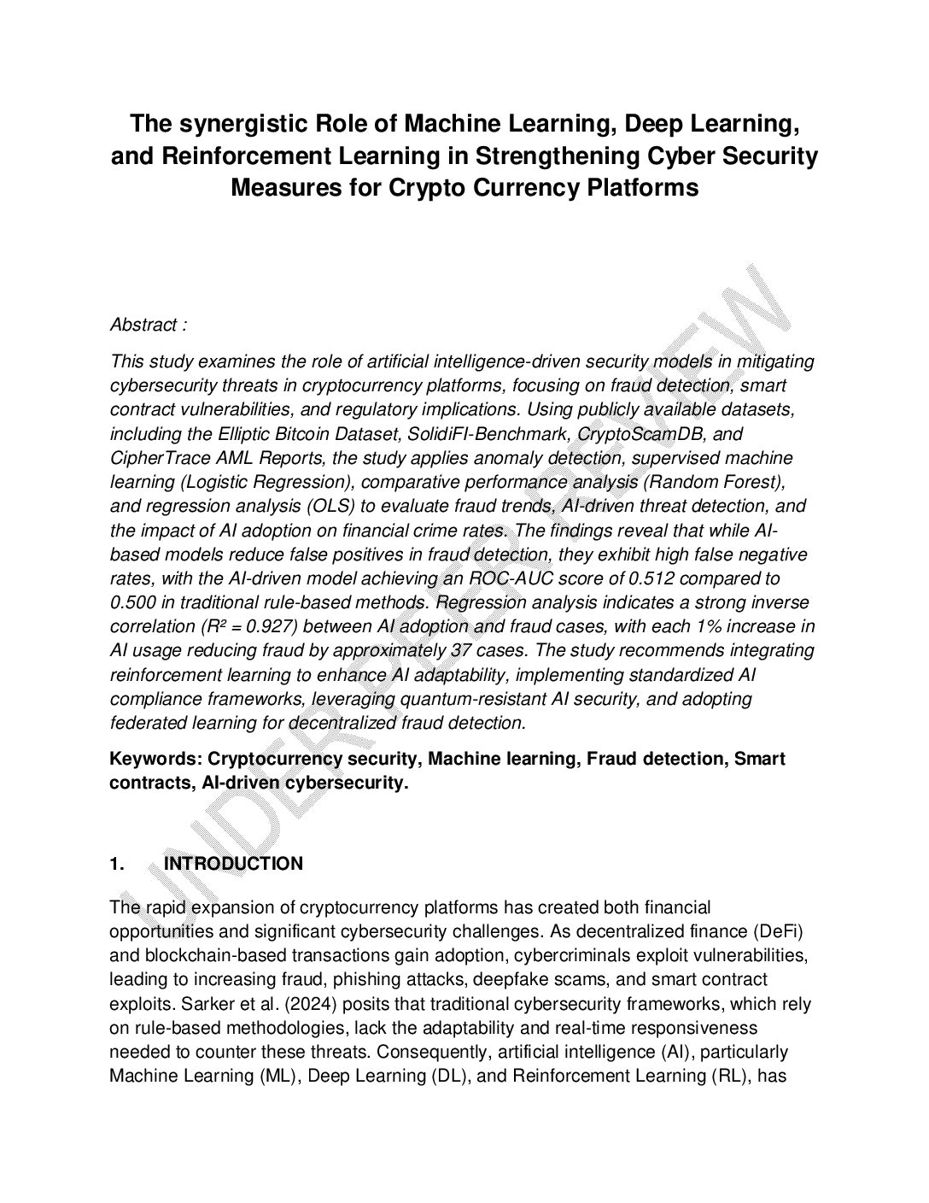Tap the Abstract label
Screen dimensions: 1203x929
(x=144, y=325)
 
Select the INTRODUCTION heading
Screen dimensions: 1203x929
(x=233, y=864)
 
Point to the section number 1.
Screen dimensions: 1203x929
(x=117, y=864)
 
